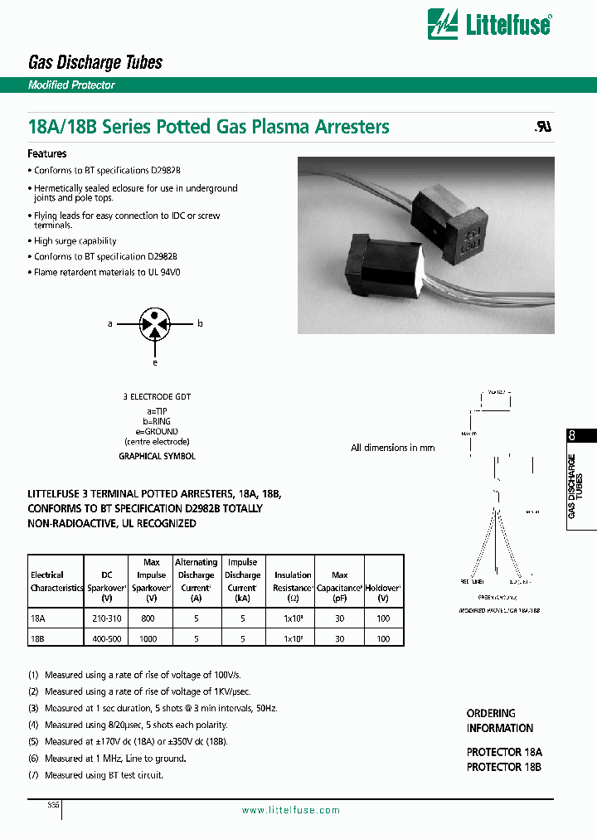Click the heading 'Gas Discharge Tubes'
click(x=95, y=62)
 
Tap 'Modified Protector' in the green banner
click(x=71, y=85)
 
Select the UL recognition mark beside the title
click(x=541, y=129)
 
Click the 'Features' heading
click(x=47, y=154)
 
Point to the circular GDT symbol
click(x=153, y=324)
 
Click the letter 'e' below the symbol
click(x=153, y=362)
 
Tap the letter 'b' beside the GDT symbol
click(x=200, y=324)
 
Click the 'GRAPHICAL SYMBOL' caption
click(x=158, y=456)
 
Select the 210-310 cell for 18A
click(x=106, y=618)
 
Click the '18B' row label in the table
click(x=37, y=639)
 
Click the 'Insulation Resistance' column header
click(x=293, y=580)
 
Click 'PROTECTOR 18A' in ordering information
click(x=503, y=753)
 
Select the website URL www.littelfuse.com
click(x=290, y=810)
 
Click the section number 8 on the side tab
click(x=571, y=437)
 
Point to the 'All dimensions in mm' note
click(x=392, y=448)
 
